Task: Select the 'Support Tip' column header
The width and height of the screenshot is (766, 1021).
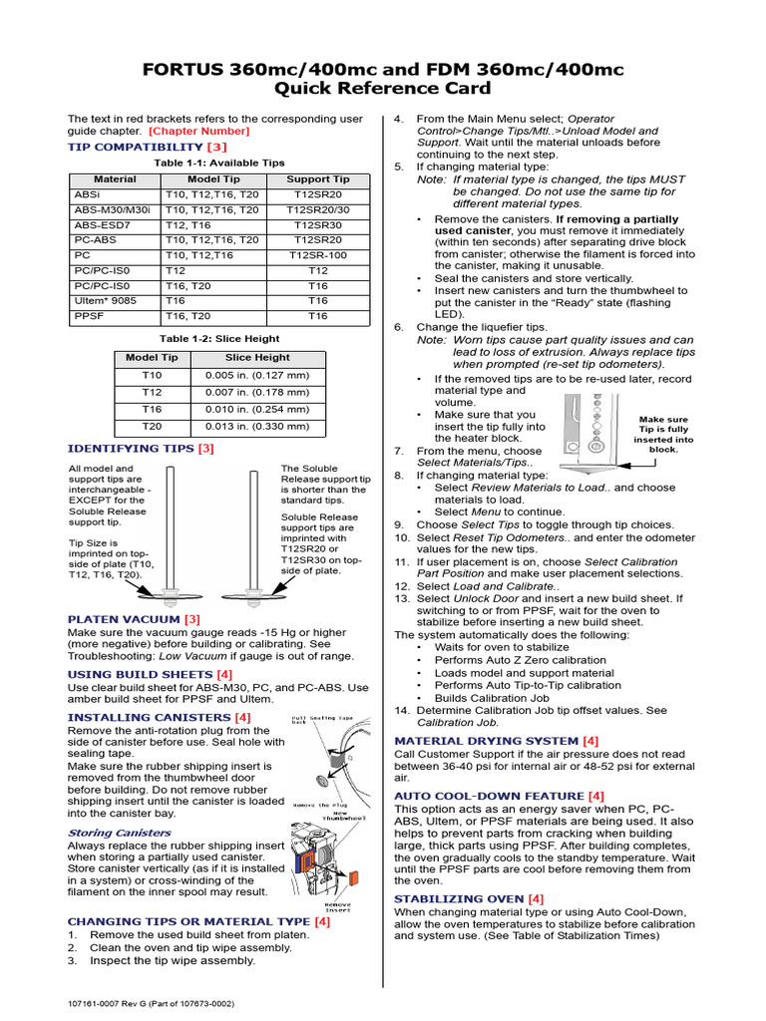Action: tap(317, 179)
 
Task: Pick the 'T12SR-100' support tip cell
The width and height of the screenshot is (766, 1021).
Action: tap(317, 255)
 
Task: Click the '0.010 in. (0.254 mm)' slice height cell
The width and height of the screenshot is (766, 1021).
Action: tap(257, 409)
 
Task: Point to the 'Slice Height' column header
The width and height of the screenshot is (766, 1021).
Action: tap(257, 357)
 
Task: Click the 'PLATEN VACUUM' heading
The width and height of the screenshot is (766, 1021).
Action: tap(125, 619)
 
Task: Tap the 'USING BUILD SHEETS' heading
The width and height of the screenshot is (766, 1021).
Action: tap(140, 675)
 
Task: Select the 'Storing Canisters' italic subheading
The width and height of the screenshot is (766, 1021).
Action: tap(105, 833)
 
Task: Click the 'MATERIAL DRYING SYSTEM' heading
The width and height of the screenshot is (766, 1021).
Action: tap(487, 741)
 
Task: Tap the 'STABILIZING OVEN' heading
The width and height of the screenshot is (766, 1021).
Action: tap(460, 898)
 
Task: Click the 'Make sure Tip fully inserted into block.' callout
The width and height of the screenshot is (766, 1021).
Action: tap(664, 435)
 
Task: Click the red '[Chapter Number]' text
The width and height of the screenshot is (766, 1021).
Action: tap(199, 131)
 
